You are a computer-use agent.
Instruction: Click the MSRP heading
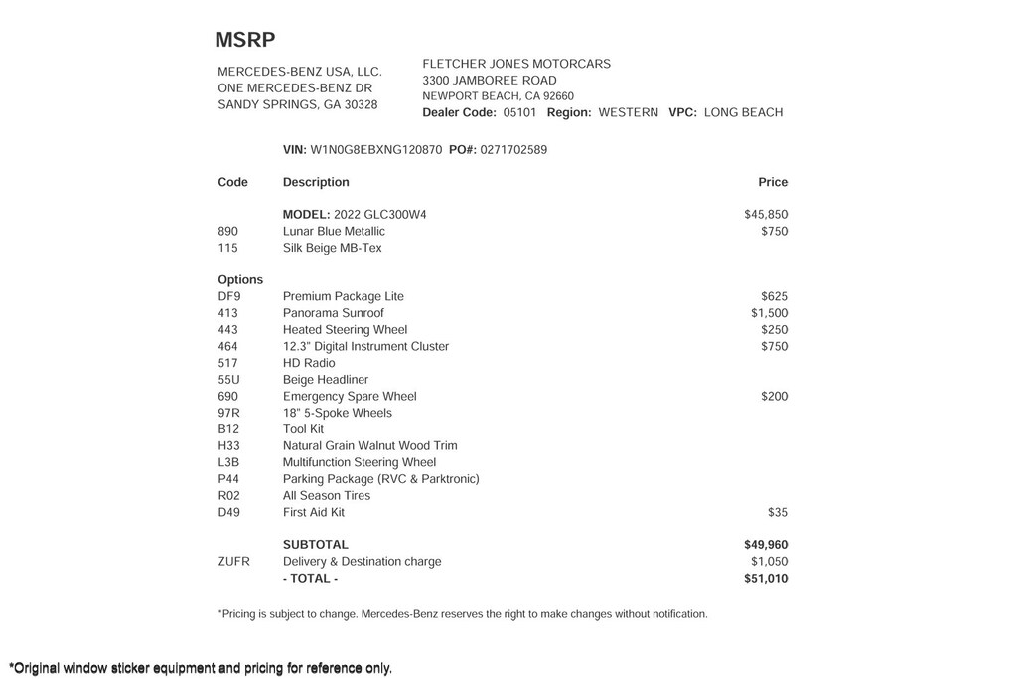245,40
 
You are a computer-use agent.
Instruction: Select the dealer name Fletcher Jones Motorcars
516,64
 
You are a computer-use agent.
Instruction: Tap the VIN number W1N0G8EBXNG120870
376,150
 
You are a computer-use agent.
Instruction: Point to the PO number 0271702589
513,150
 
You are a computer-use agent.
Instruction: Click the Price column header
773,182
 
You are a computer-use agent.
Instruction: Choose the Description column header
316,182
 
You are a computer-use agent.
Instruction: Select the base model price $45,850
766,214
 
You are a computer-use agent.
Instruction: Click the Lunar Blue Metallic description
334,231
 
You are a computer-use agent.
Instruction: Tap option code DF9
229,296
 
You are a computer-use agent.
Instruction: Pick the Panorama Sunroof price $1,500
769,313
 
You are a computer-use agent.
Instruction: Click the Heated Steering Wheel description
345,330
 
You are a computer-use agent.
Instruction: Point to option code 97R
228,413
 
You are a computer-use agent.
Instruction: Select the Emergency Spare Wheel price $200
774,396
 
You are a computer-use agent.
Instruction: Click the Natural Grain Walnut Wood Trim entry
369,445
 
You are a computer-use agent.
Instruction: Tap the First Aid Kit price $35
777,512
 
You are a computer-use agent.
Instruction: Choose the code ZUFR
234,561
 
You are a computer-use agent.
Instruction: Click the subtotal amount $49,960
766,545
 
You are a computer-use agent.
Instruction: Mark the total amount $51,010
766,578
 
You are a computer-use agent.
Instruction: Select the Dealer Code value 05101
519,112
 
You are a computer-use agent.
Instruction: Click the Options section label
240,279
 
